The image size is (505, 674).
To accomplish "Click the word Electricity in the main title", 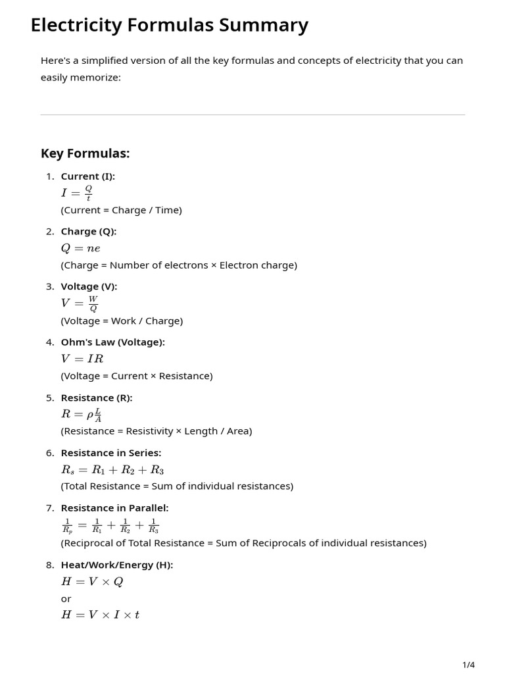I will pyautogui.click(x=76, y=25).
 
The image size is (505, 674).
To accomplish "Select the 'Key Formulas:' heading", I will pyautogui.click(x=85, y=153).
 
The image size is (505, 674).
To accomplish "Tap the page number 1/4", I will pyautogui.click(x=468, y=665).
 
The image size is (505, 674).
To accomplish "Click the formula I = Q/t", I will pyautogui.click(x=77, y=193).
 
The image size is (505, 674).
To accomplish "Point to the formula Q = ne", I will pyautogui.click(x=80, y=248).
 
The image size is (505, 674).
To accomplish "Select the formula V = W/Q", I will pyautogui.click(x=80, y=303).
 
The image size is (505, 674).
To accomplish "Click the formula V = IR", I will pyautogui.click(x=82, y=359).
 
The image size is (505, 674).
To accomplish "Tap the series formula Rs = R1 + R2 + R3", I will pyautogui.click(x=112, y=470).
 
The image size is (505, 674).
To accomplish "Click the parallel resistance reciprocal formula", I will pyautogui.click(x=110, y=525).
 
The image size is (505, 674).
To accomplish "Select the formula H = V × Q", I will pyautogui.click(x=92, y=582).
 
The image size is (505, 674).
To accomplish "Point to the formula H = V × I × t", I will pyautogui.click(x=100, y=615).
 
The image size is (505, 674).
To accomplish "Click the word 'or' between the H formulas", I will pyautogui.click(x=66, y=599).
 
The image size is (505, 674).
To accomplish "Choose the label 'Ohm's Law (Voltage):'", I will pyautogui.click(x=112, y=342).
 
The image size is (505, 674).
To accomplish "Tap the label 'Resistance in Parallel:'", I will pyautogui.click(x=114, y=508).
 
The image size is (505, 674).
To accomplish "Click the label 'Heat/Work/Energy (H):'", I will pyautogui.click(x=117, y=565).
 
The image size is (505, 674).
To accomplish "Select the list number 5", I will pyautogui.click(x=50, y=398).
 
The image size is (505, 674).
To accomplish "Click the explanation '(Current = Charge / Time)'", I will pyautogui.click(x=121, y=210).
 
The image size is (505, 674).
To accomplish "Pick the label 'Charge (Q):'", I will pyautogui.click(x=89, y=232).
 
